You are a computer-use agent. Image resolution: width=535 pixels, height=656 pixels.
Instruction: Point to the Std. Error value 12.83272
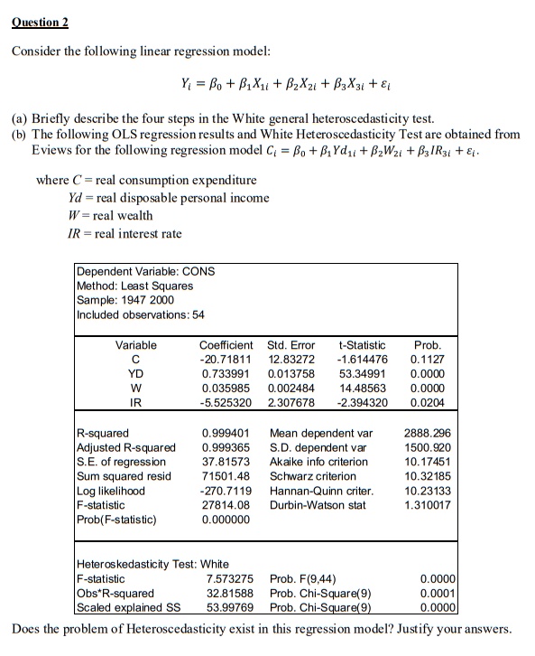click(x=291, y=360)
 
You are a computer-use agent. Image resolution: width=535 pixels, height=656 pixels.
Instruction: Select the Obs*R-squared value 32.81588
click(x=230, y=592)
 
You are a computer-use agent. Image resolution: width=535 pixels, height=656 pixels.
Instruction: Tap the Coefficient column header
click(x=226, y=345)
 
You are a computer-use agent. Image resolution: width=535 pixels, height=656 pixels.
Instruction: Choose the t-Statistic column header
click(x=361, y=345)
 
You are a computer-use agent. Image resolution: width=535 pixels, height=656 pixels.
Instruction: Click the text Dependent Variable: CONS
click(x=146, y=271)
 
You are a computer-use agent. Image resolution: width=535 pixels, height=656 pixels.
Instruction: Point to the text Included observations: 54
click(x=142, y=314)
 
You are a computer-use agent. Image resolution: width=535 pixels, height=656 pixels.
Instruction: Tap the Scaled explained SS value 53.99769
click(x=230, y=606)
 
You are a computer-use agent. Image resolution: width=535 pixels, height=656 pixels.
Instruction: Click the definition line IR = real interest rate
click(x=125, y=233)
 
